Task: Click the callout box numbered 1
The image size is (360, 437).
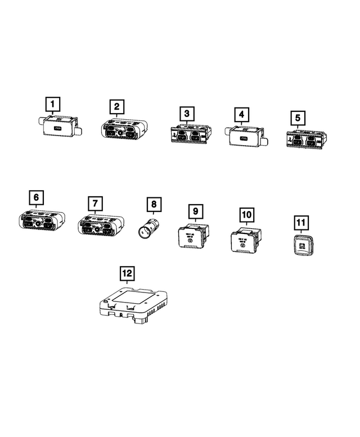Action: click(x=52, y=104)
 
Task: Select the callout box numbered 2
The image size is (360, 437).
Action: click(x=116, y=106)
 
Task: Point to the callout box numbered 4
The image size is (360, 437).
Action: click(x=241, y=115)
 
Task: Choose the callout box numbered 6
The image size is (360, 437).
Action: click(x=37, y=197)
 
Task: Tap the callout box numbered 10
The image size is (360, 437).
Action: click(x=246, y=215)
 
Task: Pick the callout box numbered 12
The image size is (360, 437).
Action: click(x=128, y=273)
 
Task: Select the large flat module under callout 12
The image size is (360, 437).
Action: click(x=134, y=304)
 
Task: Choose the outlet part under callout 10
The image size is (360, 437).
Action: click(x=242, y=242)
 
